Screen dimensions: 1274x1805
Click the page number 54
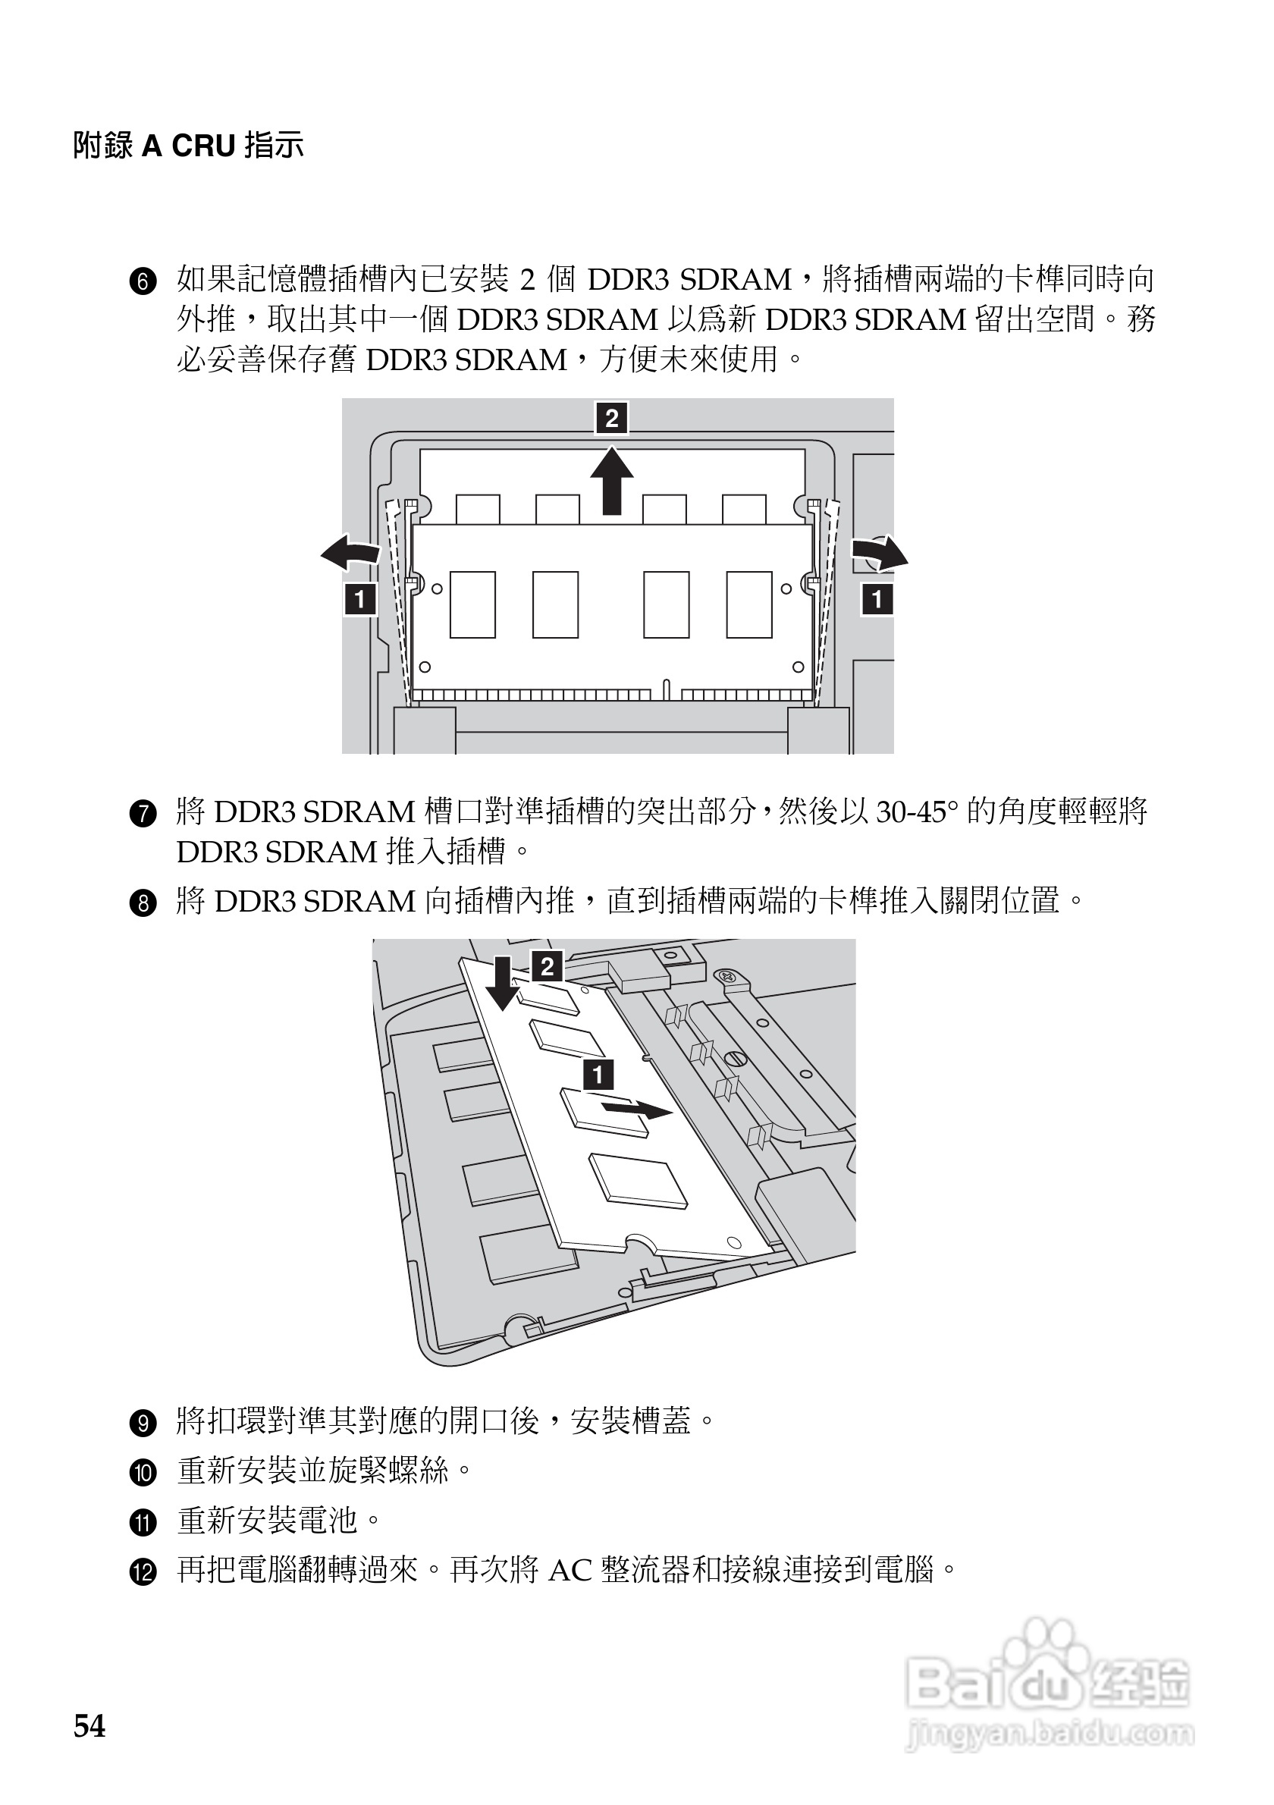[89, 1726]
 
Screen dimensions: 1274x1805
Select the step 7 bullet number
[143, 815]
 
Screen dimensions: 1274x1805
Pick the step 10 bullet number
[143, 1474]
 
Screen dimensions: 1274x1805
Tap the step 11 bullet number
[143, 1524]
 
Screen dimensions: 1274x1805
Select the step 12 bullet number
[143, 1574]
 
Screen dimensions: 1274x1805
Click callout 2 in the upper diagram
[611, 417]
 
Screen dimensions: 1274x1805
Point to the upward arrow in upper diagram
[611, 481]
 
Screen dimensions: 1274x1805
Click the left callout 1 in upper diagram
[360, 600]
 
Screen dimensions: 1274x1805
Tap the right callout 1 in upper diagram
[877, 600]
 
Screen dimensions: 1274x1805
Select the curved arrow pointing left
[351, 553]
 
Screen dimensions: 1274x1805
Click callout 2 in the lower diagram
[548, 965]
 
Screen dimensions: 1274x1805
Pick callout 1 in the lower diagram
[598, 1074]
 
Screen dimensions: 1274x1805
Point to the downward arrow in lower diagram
[503, 984]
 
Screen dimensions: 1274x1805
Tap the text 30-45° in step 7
[916, 812]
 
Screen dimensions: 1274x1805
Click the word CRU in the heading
[203, 146]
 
